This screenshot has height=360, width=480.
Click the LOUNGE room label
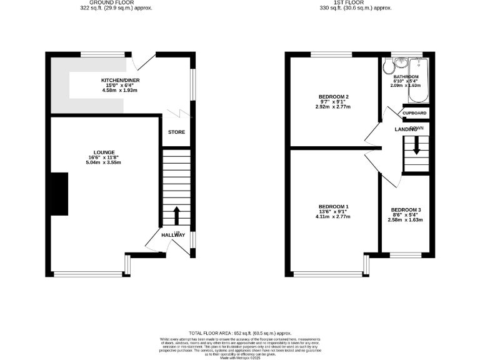(x=102, y=152)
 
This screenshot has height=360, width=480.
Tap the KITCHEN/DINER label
(x=118, y=81)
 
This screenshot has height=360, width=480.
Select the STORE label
(x=176, y=132)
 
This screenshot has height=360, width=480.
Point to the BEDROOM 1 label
(x=333, y=206)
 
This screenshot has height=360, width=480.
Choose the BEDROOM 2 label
(x=333, y=96)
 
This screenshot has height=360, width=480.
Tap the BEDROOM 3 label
(x=406, y=210)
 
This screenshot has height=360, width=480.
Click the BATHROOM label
(x=406, y=76)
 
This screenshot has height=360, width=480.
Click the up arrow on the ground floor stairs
(x=176, y=216)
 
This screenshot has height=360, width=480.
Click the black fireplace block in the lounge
(x=60, y=194)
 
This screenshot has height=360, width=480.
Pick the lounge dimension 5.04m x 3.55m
(x=102, y=162)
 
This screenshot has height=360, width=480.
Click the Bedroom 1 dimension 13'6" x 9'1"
(x=333, y=212)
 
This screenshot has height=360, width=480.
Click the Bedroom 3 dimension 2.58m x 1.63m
(x=406, y=220)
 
